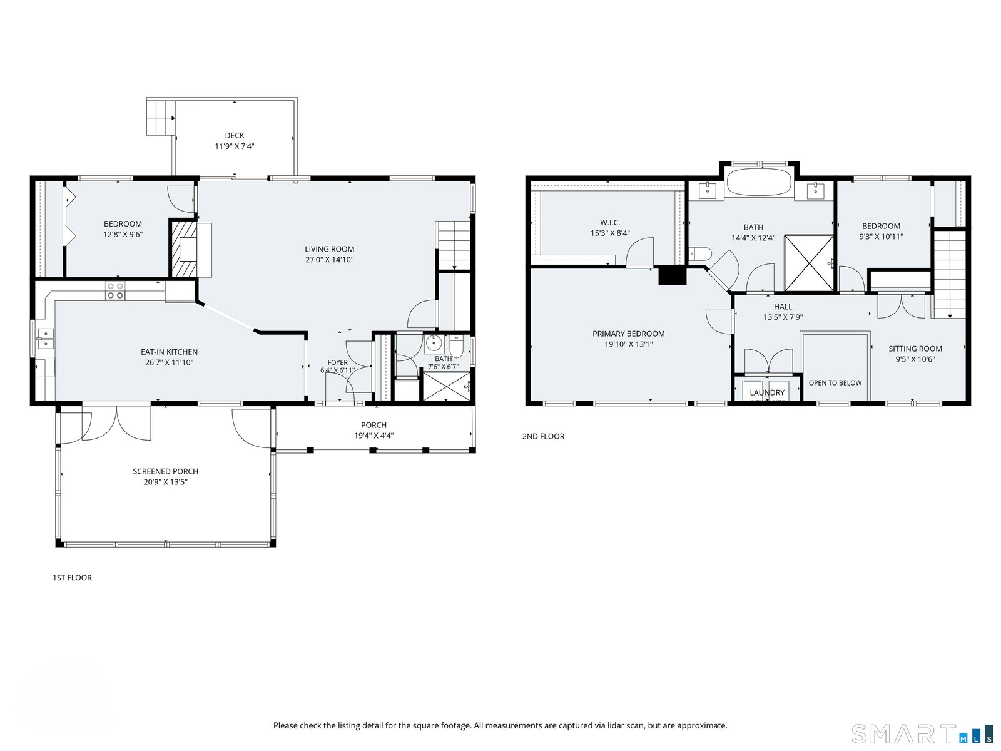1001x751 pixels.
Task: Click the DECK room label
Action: pos(235,135)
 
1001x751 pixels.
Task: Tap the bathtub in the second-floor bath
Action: pos(759,182)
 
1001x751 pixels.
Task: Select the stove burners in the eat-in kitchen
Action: pos(115,291)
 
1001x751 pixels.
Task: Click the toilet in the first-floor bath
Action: pos(457,346)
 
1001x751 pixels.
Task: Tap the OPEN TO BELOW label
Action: pos(835,382)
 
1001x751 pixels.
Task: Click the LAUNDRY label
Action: pos(767,392)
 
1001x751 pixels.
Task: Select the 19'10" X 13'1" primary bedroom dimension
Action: pos(628,344)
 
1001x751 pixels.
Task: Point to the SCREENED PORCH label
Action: pos(166,471)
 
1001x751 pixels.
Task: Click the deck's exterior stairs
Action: pos(161,118)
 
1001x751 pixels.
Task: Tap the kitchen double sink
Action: pos(46,339)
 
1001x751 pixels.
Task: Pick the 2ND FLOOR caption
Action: pos(543,436)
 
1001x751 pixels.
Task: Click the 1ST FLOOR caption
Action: pos(72,577)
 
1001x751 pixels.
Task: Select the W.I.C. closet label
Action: pos(610,223)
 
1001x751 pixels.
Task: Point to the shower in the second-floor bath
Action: pos(809,263)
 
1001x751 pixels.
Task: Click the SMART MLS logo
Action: pos(922,734)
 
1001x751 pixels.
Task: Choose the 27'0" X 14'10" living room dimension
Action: pos(329,260)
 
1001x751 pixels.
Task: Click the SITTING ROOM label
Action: pos(915,349)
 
